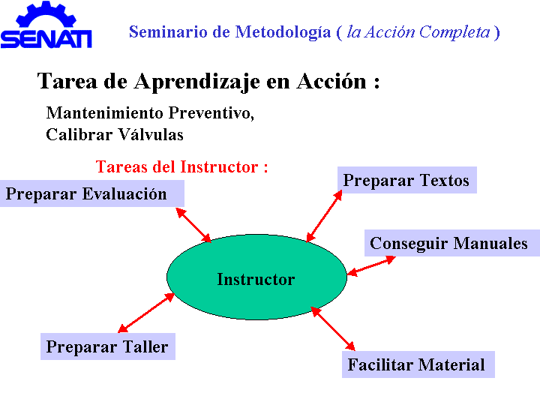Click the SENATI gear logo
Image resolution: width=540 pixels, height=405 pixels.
(46, 25)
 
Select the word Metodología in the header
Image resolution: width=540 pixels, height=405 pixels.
(283, 33)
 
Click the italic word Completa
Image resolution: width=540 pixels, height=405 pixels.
(454, 33)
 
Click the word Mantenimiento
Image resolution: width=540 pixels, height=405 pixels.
(105, 113)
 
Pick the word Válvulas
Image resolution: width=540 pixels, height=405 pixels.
(151, 134)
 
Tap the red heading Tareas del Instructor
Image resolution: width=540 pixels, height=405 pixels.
(181, 167)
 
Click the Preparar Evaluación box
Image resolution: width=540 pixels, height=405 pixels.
(92, 193)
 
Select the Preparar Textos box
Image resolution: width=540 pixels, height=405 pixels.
(406, 180)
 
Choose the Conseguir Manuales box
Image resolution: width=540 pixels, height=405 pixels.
(452, 243)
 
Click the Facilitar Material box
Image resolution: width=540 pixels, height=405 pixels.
(418, 364)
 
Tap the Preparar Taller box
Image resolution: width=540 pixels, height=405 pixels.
(108, 346)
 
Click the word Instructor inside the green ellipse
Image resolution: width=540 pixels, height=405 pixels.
(256, 279)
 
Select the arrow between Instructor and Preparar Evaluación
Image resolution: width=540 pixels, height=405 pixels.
(193, 225)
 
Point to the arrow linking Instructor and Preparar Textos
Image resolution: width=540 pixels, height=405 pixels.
(324, 216)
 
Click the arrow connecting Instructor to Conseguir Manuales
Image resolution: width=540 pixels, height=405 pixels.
(371, 265)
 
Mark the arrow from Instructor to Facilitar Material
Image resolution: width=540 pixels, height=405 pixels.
(333, 328)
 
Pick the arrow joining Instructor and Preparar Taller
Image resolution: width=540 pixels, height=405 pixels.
(146, 313)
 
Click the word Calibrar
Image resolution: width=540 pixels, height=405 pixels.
(79, 134)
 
